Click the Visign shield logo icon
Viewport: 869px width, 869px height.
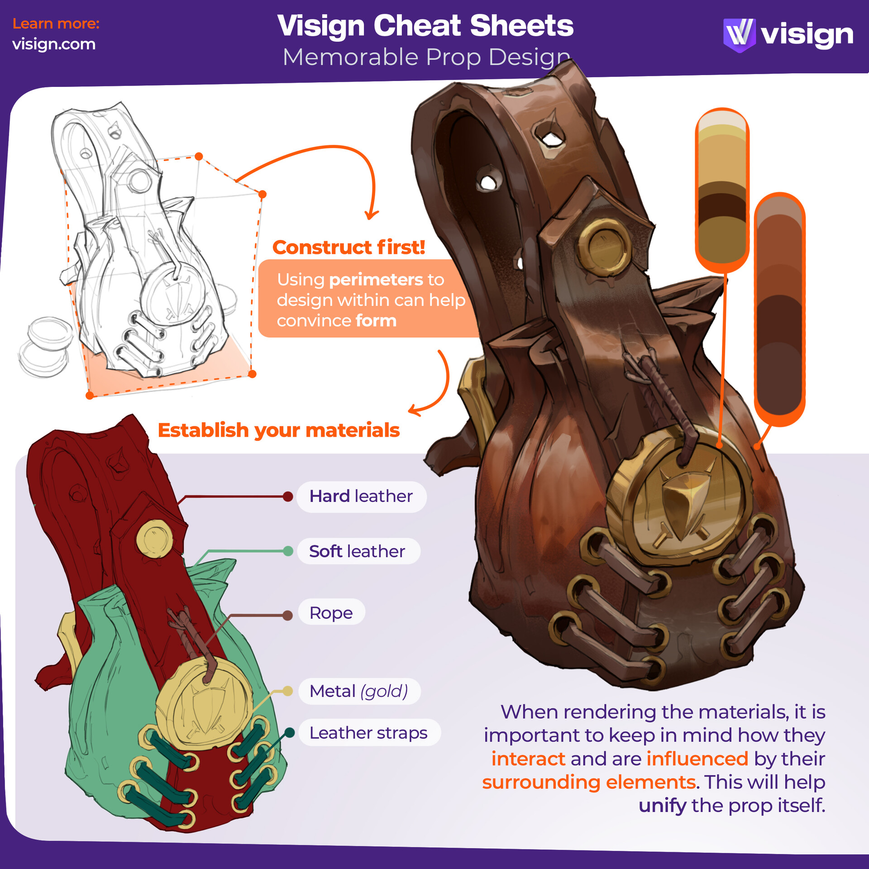pos(739,35)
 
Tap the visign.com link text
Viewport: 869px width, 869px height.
pos(54,44)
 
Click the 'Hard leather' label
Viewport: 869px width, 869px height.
pos(361,497)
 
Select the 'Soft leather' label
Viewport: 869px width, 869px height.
pos(357,551)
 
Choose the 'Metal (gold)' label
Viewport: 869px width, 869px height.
pos(359,691)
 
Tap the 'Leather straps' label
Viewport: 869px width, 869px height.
pos(368,733)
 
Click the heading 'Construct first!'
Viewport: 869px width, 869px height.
pos(349,248)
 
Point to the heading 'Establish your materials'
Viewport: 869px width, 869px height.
pos(278,430)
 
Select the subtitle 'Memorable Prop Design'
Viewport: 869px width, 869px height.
pos(425,57)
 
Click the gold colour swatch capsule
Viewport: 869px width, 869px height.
pos(722,190)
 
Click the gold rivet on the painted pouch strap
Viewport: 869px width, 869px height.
pos(604,247)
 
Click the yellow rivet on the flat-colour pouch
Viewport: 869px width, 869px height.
pos(154,539)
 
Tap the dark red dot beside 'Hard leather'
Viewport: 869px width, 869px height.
pos(287,497)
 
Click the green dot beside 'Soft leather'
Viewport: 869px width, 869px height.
pos(287,551)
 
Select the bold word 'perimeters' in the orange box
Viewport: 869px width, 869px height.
pos(376,280)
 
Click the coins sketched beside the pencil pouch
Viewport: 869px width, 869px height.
pos(45,346)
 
